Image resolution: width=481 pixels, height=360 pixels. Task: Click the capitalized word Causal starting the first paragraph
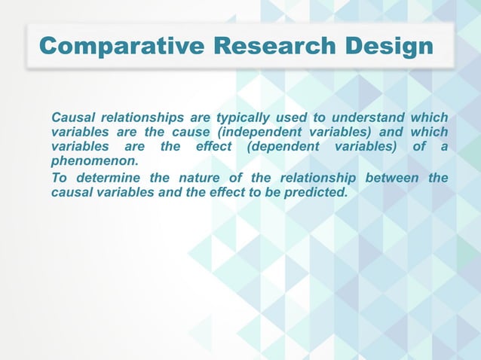pos(73,117)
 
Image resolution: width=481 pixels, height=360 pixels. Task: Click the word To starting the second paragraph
pos(60,178)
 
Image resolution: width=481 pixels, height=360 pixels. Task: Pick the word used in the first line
pos(291,117)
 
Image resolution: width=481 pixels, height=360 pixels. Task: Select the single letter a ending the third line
pos(443,146)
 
